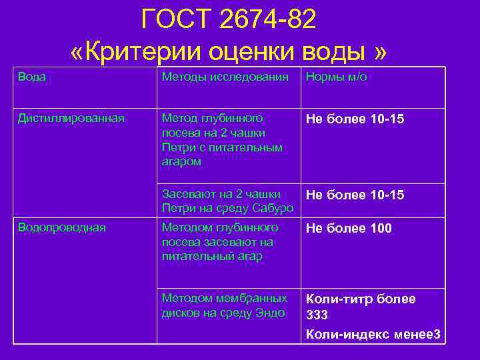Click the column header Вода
pos(32,77)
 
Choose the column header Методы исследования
pos(225,77)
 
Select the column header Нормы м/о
pos(336,77)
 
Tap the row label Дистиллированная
pos(71,118)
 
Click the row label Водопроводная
pos(62,227)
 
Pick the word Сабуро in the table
pos(273,208)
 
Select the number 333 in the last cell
pos(317,315)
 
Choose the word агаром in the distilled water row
pos(181,161)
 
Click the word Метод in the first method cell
pos(179,118)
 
